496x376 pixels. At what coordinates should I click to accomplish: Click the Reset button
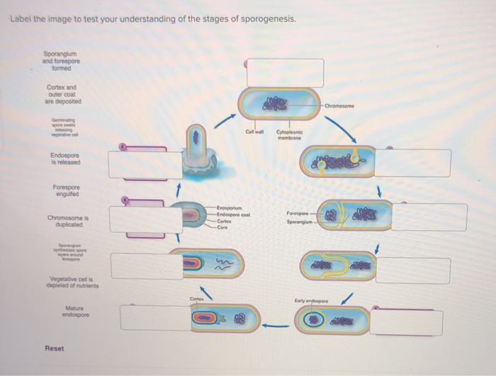(x=55, y=348)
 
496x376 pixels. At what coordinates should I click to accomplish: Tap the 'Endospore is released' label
(x=65, y=159)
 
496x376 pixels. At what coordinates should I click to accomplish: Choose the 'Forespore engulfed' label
(x=65, y=190)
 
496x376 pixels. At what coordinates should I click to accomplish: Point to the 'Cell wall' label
(x=254, y=132)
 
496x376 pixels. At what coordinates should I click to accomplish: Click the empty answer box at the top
(x=285, y=73)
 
